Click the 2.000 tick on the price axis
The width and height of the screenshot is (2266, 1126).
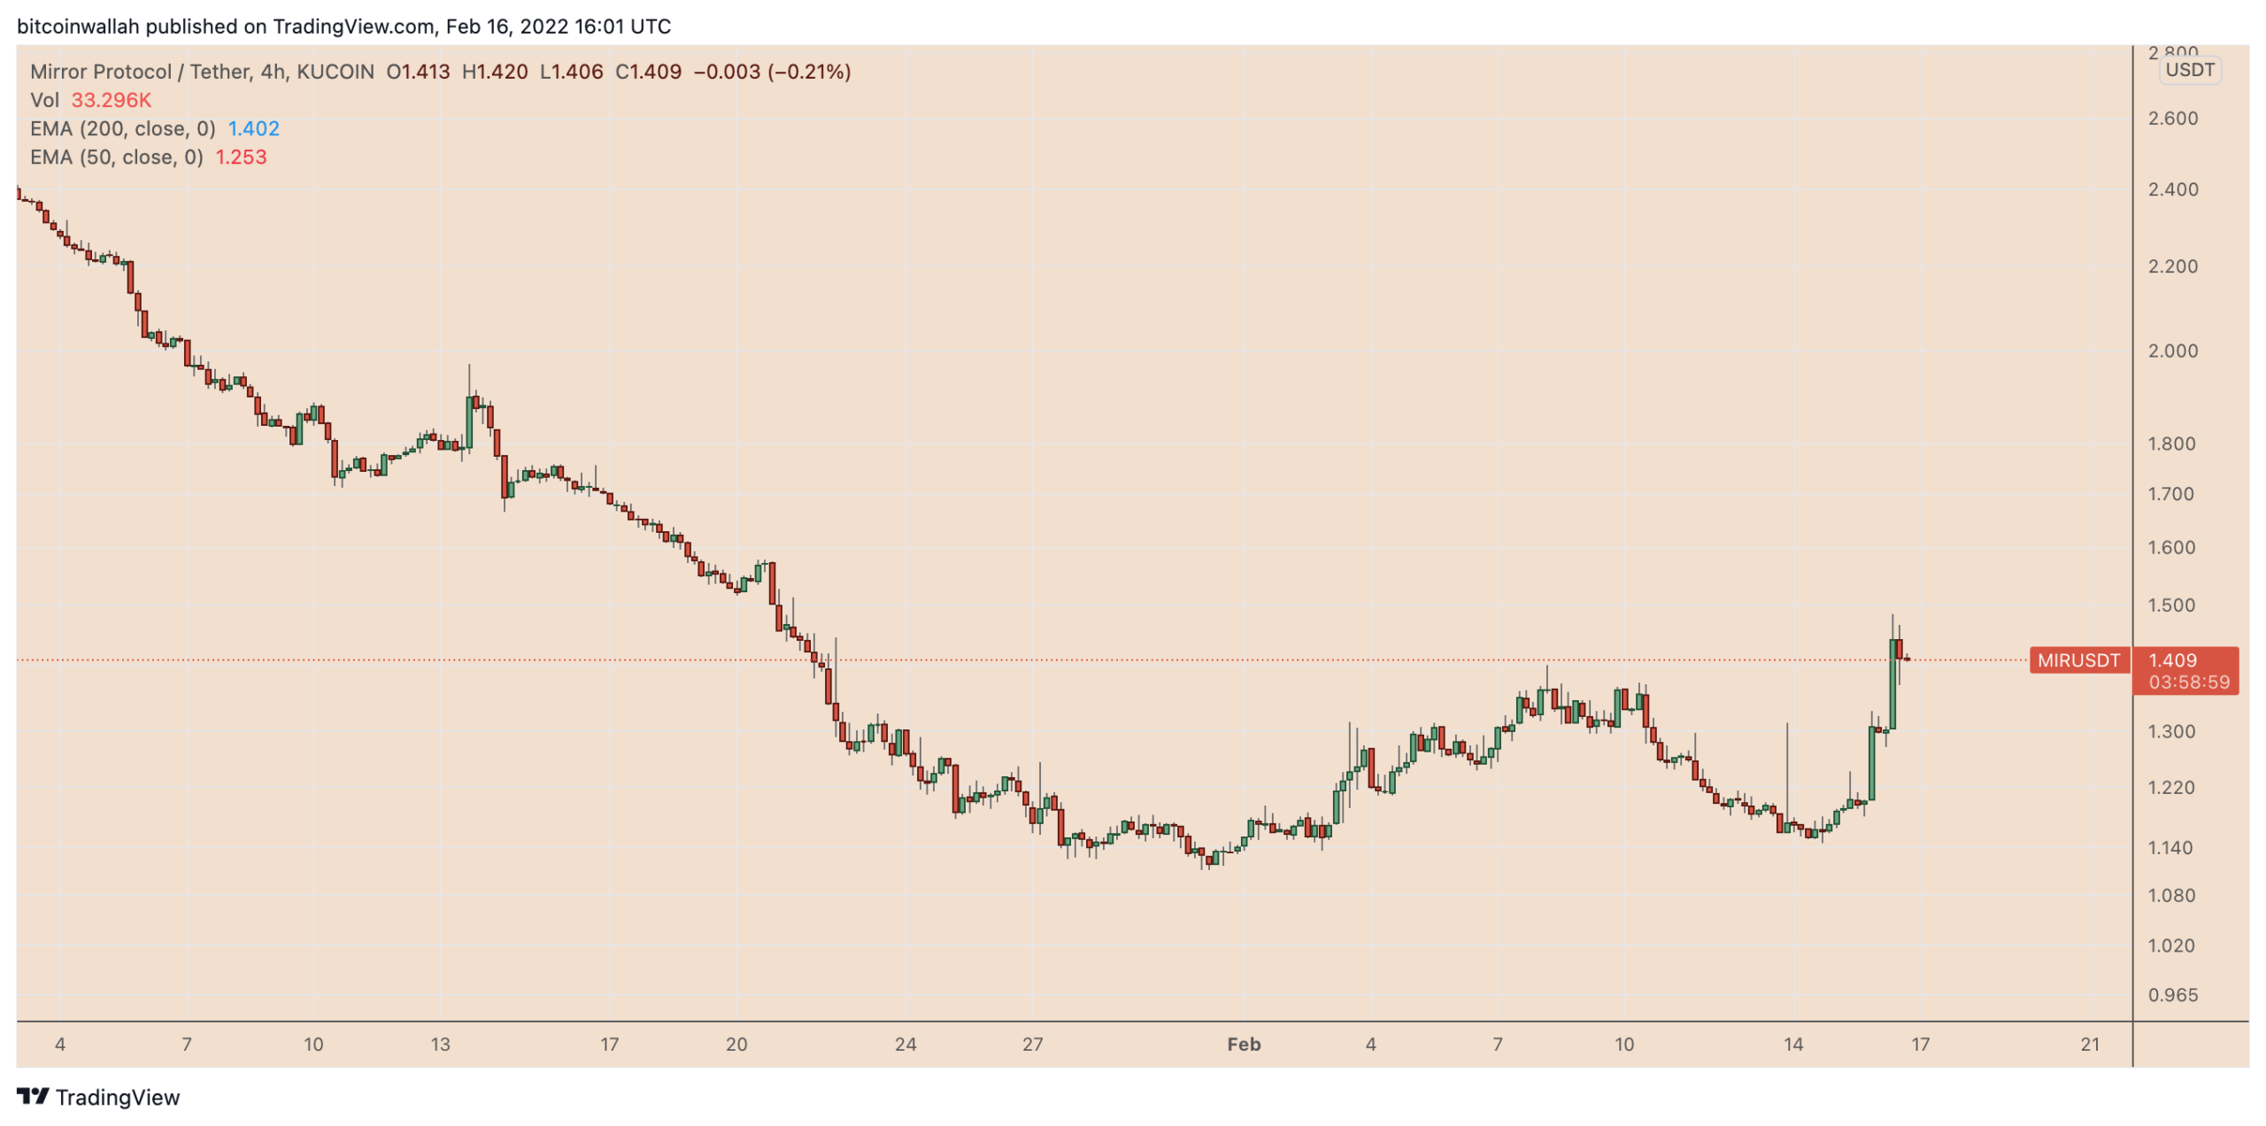[2172, 351]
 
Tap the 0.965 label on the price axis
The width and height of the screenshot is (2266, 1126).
[2172, 995]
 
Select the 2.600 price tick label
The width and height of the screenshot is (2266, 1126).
[2172, 119]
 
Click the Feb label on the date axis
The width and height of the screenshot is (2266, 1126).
[1243, 1045]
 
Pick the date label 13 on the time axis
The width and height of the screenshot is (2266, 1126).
[440, 1045]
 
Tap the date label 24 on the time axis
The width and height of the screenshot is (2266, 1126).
[905, 1045]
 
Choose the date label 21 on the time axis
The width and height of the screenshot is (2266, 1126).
[2089, 1045]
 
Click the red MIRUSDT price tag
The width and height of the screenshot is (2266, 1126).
[2077, 660]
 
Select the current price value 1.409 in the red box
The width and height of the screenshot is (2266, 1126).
[2172, 660]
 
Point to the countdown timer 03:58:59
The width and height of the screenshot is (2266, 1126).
[2188, 683]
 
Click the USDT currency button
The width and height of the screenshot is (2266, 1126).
[2189, 70]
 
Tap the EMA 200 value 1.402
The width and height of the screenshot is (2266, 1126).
[253, 129]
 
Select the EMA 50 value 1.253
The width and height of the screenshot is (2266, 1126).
[241, 158]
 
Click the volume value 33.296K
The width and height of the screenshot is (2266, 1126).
[112, 101]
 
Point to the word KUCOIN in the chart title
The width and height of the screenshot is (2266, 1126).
[335, 72]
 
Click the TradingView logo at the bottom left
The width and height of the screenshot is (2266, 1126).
[98, 1097]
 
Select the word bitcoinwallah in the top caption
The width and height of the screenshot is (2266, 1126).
[78, 27]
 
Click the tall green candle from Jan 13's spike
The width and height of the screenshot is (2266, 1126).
[469, 423]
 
